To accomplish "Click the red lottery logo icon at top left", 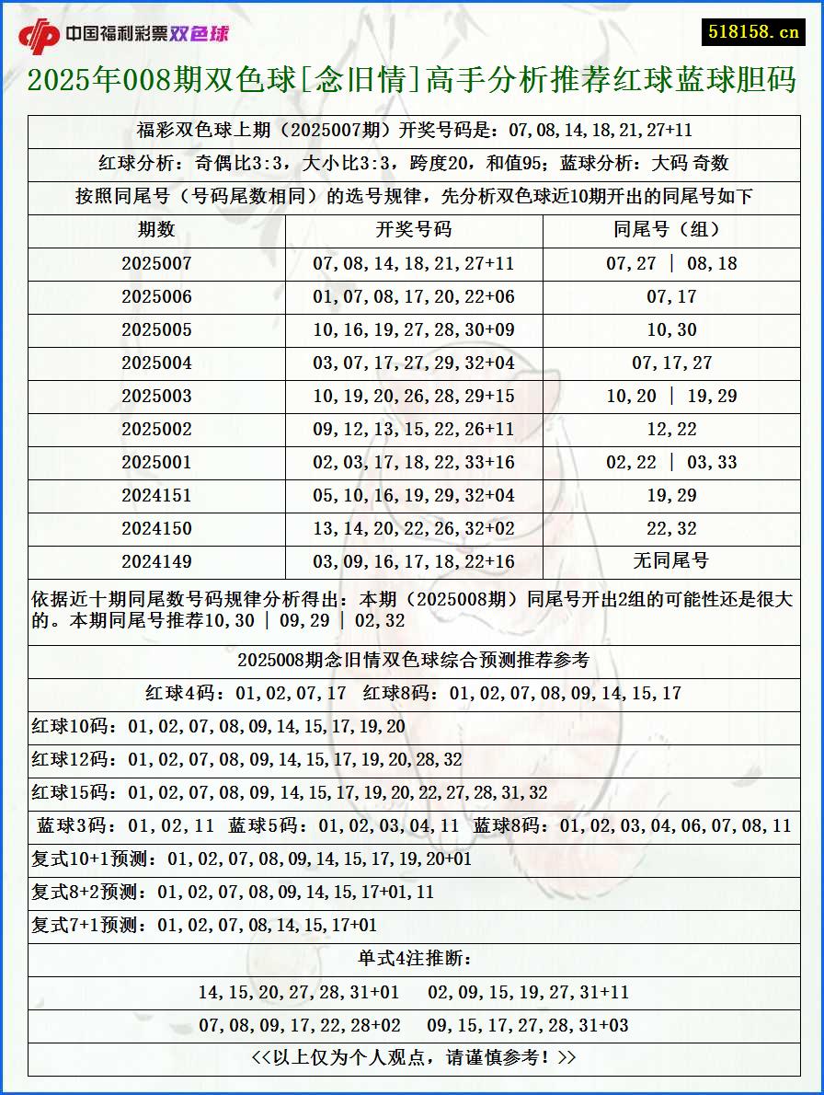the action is point(39,36).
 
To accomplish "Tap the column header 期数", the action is point(156,230).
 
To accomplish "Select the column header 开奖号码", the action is point(414,230).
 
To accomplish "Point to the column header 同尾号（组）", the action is point(671,230).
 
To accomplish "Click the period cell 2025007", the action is point(156,263).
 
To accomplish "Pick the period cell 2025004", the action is point(156,363).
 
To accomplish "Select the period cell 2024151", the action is point(156,495).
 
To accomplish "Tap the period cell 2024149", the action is point(156,561).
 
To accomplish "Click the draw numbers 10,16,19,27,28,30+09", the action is point(414,329).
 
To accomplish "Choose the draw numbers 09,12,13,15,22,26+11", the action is point(414,429).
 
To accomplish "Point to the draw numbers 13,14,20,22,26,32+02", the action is point(414,528).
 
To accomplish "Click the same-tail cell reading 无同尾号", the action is point(671,560).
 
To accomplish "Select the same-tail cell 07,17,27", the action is point(671,363).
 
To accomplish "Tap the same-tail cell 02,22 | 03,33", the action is point(671,462).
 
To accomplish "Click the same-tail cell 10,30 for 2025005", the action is point(671,329).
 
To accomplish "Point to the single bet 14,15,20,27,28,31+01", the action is point(299,992).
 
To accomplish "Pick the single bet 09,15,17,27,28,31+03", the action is point(528,1025).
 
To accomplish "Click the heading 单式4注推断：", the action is point(414,959).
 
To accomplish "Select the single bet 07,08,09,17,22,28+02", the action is point(300,1025).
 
